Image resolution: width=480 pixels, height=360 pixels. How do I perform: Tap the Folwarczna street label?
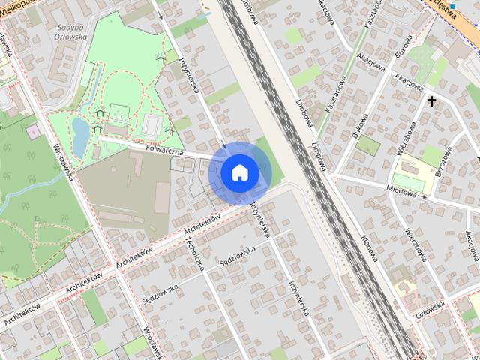[x=167, y=151]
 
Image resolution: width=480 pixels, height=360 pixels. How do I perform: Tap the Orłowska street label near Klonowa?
[x=430, y=307]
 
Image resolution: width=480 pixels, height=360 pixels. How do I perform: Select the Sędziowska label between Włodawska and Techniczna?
[x=160, y=292]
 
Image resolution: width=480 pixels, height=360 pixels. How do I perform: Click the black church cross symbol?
[x=432, y=100]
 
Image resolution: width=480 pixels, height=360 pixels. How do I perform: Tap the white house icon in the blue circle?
[x=239, y=172]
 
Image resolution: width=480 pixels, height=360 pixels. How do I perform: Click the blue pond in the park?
[x=80, y=134]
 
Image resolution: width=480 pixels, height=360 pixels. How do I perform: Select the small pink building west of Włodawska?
[x=33, y=131]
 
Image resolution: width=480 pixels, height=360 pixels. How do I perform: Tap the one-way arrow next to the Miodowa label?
[x=425, y=196]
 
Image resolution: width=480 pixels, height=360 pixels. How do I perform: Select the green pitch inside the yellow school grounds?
[x=408, y=182]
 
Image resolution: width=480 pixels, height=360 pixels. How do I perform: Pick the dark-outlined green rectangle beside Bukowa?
[x=367, y=145]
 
